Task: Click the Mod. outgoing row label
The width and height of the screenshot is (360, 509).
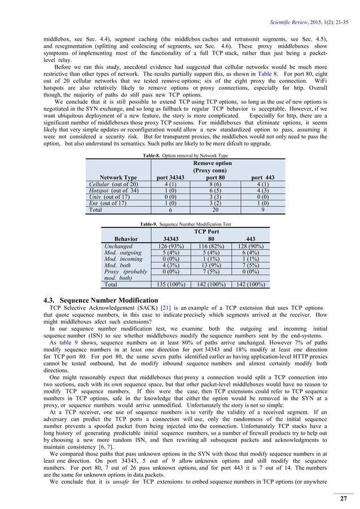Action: pos(121,253)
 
